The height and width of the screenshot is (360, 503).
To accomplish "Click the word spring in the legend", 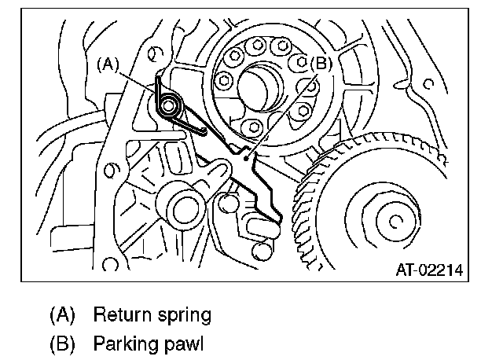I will click(186, 317).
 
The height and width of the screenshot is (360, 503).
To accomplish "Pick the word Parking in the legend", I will click(130, 343).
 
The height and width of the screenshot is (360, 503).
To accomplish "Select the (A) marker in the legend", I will click(62, 316).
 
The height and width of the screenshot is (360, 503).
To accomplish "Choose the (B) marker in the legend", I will click(62, 343).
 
